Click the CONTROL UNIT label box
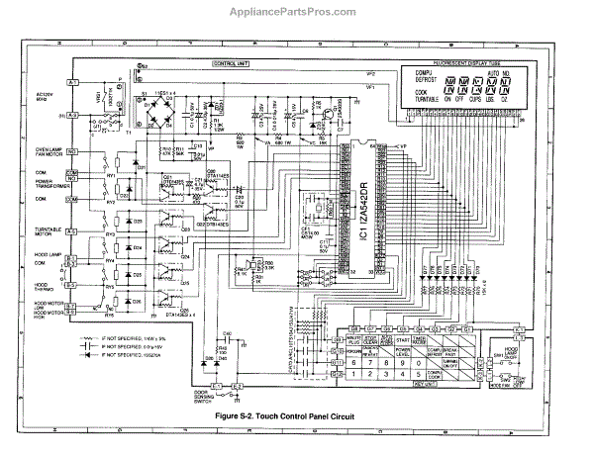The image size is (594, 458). [231, 64]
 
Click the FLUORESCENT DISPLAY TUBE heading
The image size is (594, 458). [464, 61]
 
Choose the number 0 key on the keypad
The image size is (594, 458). [402, 362]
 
